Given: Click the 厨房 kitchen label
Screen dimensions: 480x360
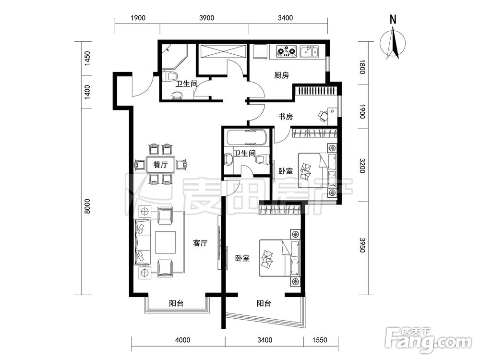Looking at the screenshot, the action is (x=281, y=75).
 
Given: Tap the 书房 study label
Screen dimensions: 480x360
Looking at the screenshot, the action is (x=286, y=116).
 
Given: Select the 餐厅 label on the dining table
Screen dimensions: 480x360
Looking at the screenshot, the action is (x=160, y=164).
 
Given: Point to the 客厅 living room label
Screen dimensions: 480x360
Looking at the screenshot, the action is (x=201, y=243).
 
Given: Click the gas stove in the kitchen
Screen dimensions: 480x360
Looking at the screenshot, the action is (x=287, y=51).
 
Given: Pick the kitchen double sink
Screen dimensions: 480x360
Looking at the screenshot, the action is (x=309, y=51).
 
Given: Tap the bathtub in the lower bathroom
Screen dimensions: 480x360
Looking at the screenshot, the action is (x=246, y=138).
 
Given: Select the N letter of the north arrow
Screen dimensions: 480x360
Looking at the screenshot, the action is (x=393, y=20).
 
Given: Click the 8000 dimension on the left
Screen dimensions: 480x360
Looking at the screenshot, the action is (x=87, y=206).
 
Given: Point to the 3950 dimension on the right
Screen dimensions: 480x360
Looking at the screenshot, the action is (x=362, y=245).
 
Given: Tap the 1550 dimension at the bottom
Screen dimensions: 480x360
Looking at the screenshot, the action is (x=320, y=340).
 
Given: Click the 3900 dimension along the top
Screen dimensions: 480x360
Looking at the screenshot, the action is (x=206, y=18).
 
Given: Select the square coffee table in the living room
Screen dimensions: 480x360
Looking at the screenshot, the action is (x=165, y=242).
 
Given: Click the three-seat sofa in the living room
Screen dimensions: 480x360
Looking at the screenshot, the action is (x=143, y=242).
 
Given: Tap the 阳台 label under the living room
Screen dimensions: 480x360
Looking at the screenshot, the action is (x=176, y=303).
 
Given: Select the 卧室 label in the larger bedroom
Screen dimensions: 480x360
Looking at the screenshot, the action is (x=242, y=258).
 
